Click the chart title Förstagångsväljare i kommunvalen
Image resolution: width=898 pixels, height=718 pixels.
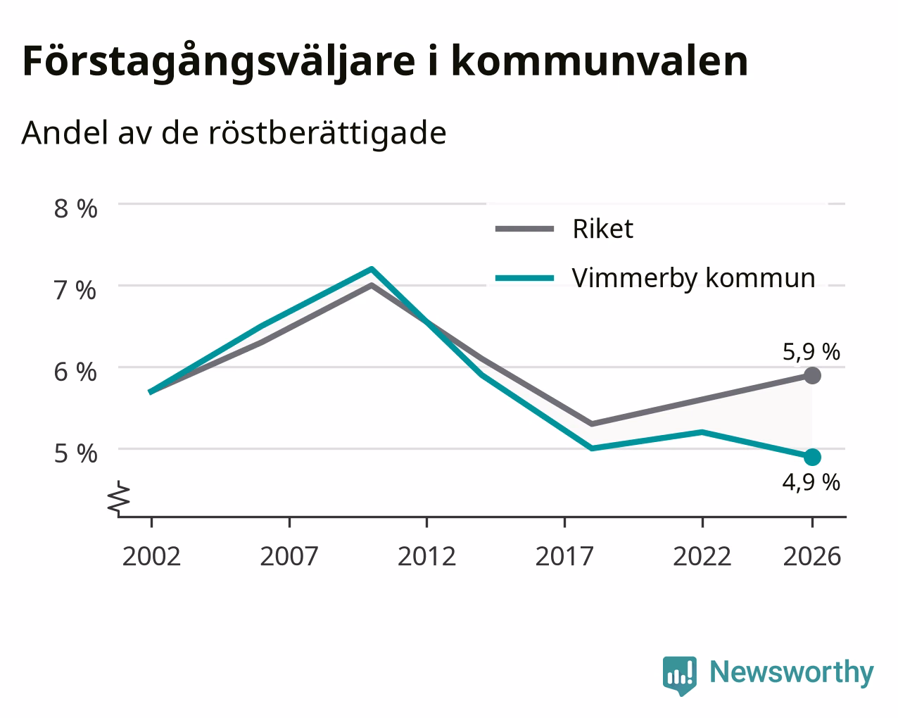[x=385, y=62]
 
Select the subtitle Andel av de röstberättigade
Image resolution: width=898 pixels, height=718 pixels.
[x=234, y=134]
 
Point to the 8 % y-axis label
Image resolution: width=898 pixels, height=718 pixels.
[x=75, y=209]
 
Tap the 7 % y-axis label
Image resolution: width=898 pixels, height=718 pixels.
[x=75, y=291]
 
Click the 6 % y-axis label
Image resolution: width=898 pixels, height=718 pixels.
[x=75, y=372]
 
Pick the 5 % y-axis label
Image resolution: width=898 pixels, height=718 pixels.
[x=75, y=454]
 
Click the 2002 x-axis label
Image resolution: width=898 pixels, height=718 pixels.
[x=151, y=556]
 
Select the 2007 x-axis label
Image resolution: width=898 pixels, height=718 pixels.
[x=289, y=556]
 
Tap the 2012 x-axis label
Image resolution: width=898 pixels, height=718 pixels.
[x=426, y=556]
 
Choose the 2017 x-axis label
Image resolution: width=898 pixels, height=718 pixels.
[x=564, y=556]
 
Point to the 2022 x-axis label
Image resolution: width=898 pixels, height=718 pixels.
[x=702, y=556]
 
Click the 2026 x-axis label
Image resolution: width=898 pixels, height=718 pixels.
[x=812, y=556]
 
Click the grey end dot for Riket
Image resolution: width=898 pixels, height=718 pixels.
[x=812, y=376]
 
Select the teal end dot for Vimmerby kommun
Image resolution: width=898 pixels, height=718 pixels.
[x=812, y=457]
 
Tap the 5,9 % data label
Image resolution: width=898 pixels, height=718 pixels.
[x=811, y=352]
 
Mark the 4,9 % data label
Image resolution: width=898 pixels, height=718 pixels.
[x=811, y=483]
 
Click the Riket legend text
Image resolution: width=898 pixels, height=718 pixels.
[x=603, y=229]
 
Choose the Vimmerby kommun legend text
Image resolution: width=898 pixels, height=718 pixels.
[x=693, y=278]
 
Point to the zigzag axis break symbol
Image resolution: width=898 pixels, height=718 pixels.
[x=119, y=497]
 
